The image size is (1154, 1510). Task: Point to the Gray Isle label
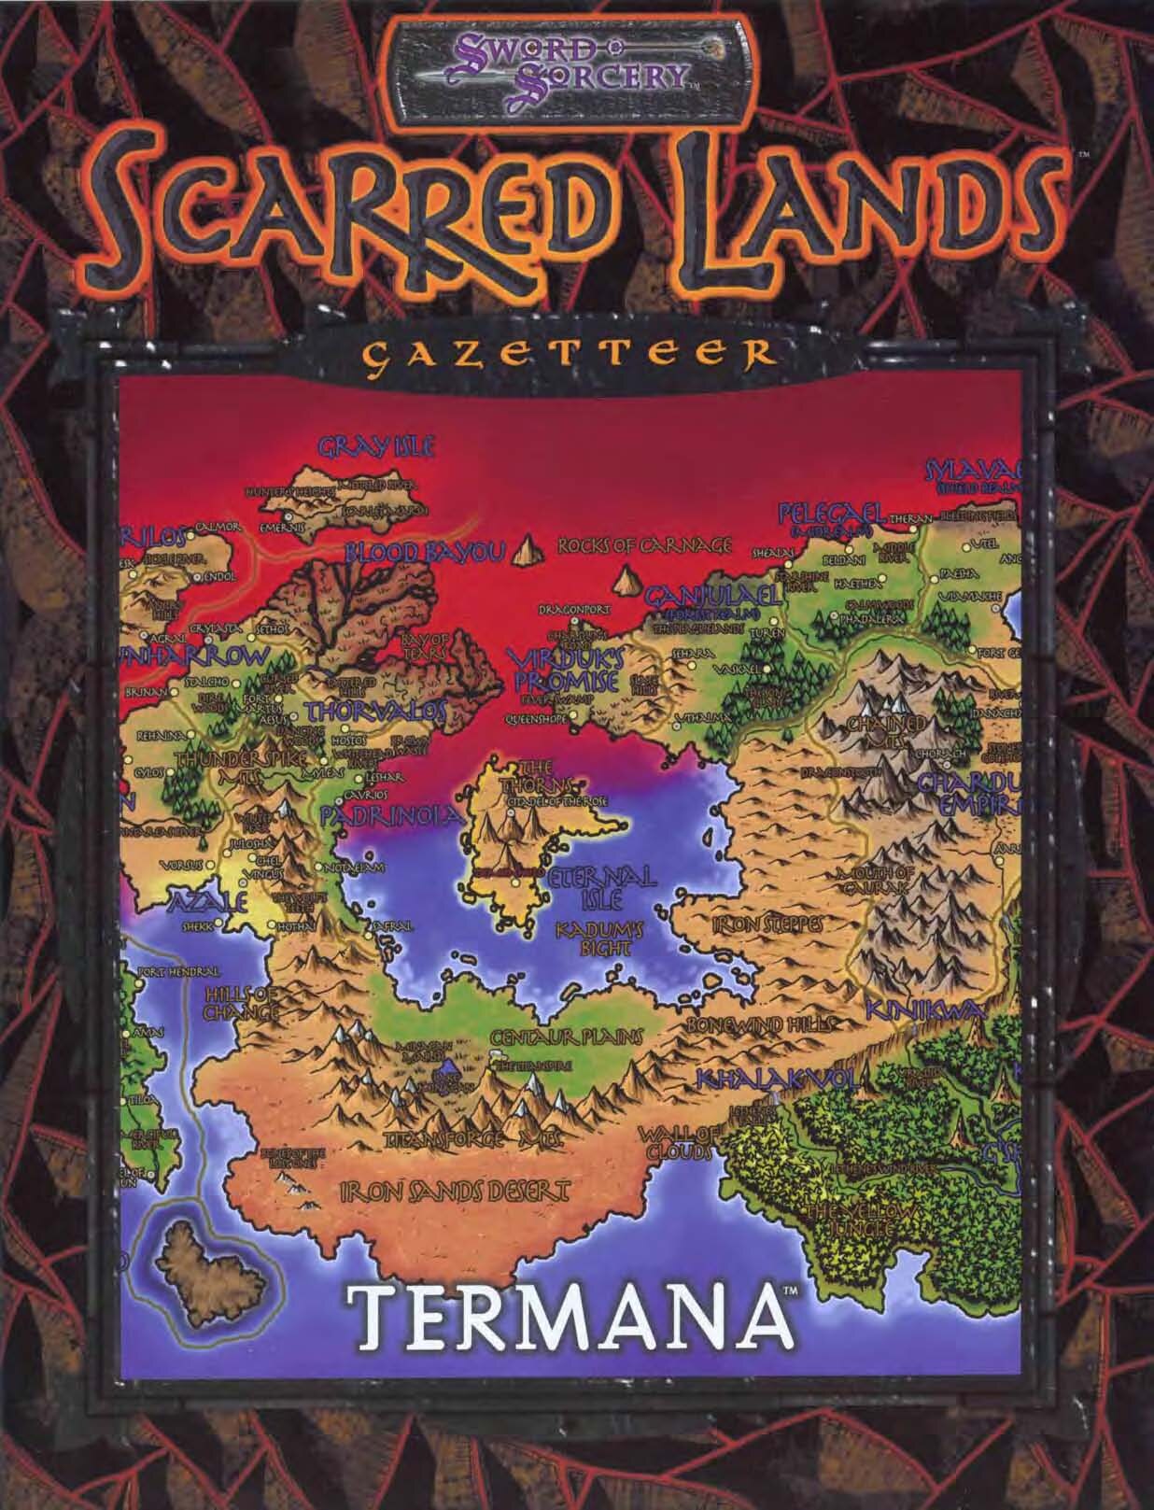[x=376, y=447]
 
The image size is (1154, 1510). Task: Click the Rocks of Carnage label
[x=643, y=545]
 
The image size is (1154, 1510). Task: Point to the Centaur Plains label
[x=566, y=1037]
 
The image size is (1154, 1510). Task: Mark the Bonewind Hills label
[x=757, y=1024]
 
